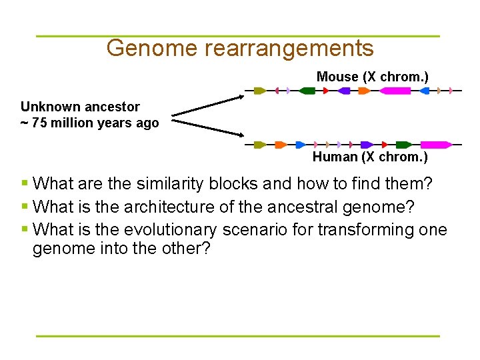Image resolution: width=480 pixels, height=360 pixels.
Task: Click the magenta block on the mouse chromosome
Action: pos(395,91)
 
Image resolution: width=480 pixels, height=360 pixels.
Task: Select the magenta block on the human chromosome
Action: pos(435,144)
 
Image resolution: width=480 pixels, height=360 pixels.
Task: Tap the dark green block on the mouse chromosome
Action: pos(307,91)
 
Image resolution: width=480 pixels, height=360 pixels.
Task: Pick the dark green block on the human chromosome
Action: pos(403,144)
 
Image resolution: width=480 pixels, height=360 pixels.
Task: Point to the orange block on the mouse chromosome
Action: pos(364,91)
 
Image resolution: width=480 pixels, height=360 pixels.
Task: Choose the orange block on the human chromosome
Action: pos(281,144)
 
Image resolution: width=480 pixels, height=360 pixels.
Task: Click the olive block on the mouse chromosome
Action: pos(260,91)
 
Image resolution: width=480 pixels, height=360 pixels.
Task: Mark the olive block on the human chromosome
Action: pos(260,144)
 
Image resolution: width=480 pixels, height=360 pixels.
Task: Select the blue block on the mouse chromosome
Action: pos(425,91)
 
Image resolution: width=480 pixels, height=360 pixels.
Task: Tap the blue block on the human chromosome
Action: pos(301,144)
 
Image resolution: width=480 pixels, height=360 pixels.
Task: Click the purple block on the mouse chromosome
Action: pos(344,91)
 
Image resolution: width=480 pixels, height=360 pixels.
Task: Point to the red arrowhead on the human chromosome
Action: pos(385,144)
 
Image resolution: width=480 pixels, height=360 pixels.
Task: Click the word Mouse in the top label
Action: pos(337,77)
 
